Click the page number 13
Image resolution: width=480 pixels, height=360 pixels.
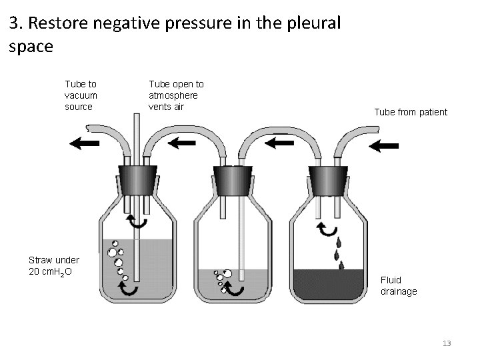coord(447,343)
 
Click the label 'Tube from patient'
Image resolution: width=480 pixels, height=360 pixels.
coord(411,112)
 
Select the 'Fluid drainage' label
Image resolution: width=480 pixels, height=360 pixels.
coord(398,286)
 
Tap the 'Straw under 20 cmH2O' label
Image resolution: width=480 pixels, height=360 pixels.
coord(53,266)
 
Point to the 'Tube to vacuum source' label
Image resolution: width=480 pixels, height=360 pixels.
coord(81,95)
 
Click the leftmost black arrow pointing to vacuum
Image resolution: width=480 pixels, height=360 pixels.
coord(84,143)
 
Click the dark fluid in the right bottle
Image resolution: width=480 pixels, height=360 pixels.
coord(328,284)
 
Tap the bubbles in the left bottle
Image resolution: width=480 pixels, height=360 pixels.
coord(117,257)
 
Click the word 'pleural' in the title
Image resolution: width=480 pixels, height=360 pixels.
coord(315,25)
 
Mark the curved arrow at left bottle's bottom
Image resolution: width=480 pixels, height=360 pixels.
coord(127,289)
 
